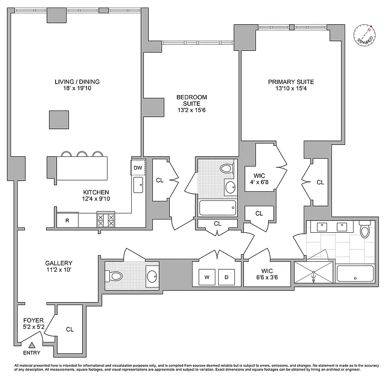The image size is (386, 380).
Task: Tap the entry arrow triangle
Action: pos(32,345)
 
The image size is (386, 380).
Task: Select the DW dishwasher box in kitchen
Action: pos(138,168)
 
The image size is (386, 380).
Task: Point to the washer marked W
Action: pos(207,277)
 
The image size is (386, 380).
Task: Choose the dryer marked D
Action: pos(226,277)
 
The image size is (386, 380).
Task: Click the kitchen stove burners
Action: pos(106,220)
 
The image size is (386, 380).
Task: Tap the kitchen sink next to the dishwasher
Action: pos(138,185)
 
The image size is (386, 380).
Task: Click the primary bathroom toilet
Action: pos(365,230)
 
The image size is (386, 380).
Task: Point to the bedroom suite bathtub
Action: pos(217,208)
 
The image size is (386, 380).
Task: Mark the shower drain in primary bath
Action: pos(314,278)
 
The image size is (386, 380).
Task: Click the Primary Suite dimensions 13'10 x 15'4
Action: pos(291,89)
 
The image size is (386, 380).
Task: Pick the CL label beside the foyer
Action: pos(69,329)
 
